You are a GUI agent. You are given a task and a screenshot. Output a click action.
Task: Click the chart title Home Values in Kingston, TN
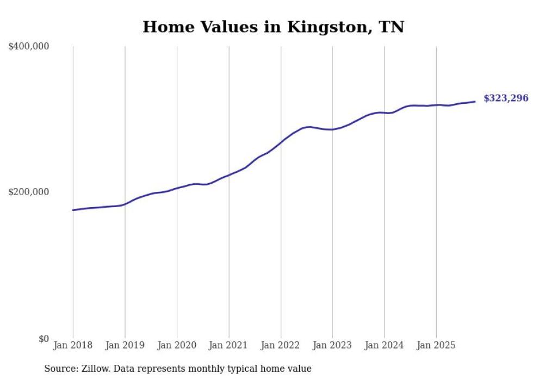coord(273,27)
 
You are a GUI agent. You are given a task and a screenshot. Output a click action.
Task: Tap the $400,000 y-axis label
coord(29,47)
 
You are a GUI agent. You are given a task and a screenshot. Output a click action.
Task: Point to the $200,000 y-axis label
coord(29,192)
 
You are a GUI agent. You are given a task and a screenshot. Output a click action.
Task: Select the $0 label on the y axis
coord(44,339)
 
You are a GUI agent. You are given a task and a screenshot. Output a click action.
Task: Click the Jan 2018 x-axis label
coord(73,345)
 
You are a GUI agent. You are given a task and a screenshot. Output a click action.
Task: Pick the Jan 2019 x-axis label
coord(125,345)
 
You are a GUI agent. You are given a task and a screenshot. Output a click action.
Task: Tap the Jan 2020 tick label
coord(177,345)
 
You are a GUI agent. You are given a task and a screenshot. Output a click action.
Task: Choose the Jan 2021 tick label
coord(229,345)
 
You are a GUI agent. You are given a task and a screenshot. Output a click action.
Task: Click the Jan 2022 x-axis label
coord(281,345)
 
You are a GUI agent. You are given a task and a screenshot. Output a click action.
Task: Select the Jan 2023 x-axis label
coord(332,345)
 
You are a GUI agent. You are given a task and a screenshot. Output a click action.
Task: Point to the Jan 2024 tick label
coord(385,345)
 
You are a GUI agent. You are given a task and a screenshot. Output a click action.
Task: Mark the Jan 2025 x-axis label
coord(436,345)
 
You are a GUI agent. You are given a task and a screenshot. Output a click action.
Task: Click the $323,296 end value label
coord(506,98)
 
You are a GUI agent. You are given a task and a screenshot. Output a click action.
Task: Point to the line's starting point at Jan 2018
coord(73,210)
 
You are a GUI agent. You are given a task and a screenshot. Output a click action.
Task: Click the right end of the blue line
coord(475,102)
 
